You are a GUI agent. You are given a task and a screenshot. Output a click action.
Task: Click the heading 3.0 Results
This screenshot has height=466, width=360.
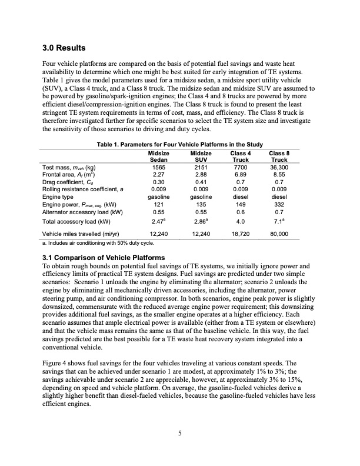[65, 47]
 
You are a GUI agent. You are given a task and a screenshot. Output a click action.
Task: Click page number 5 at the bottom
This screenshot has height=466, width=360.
[180, 434]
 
